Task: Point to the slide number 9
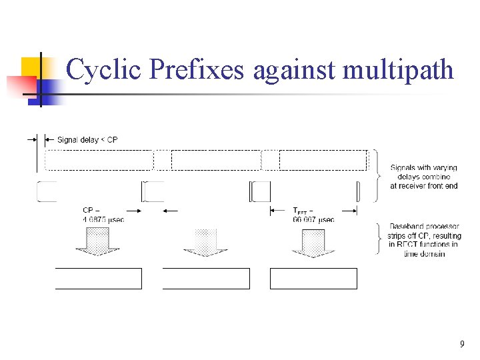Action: (x=462, y=345)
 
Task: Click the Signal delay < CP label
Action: (x=87, y=139)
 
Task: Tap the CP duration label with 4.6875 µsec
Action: (x=103, y=214)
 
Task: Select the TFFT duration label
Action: (x=313, y=214)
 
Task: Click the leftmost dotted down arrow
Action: (x=97, y=242)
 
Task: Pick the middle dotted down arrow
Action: (x=205, y=242)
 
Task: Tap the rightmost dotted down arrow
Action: (x=313, y=242)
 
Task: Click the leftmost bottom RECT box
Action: (x=99, y=279)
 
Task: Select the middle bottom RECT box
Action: (x=206, y=279)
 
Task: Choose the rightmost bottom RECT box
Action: (x=313, y=279)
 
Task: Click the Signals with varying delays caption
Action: (x=424, y=177)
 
